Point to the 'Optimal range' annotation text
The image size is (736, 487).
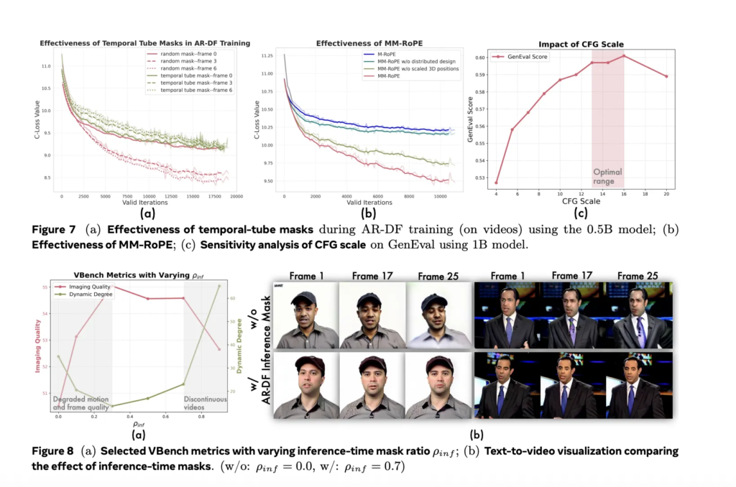click(x=607, y=177)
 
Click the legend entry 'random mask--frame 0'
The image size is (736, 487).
click(x=180, y=54)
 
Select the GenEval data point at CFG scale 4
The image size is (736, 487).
click(x=495, y=183)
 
